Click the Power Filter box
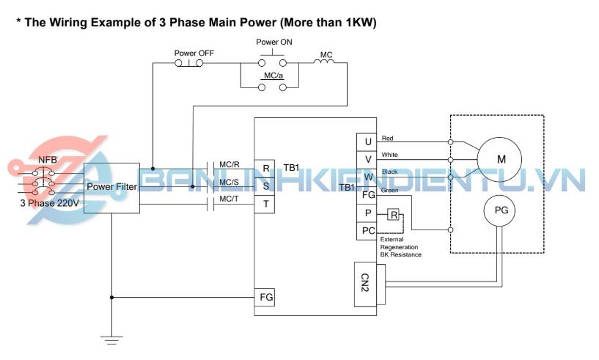click(111, 188)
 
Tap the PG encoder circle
click(500, 211)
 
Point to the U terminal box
click(367, 140)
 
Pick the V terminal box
click(367, 158)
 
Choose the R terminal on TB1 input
click(265, 168)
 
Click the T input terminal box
click(265, 204)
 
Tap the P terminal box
click(367, 214)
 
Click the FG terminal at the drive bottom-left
click(265, 297)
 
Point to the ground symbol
click(111, 339)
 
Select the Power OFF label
click(194, 54)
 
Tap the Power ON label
click(274, 42)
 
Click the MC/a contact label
click(273, 76)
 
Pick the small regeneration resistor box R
click(394, 215)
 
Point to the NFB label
click(46, 159)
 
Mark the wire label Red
click(388, 138)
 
